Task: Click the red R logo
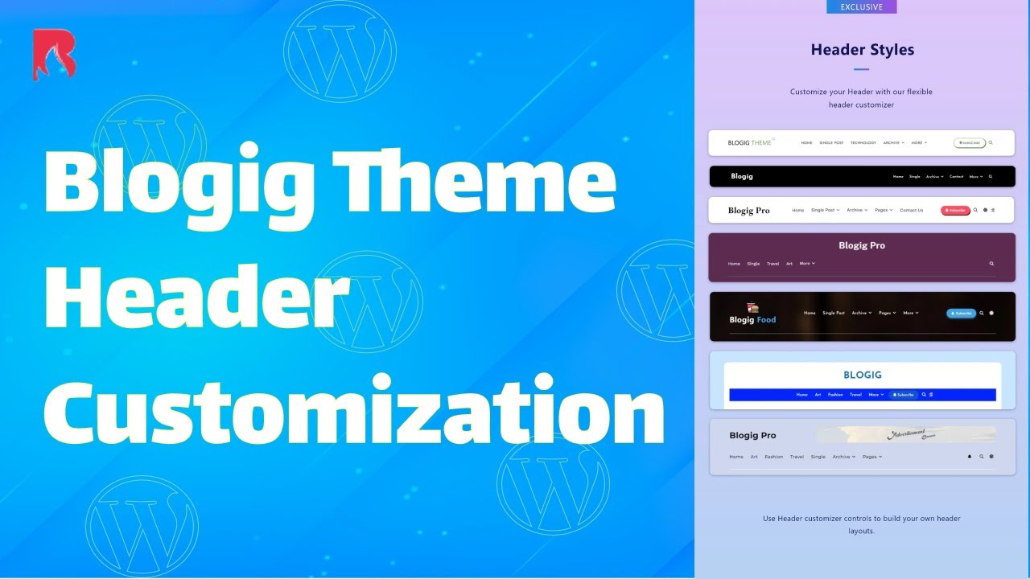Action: tap(54, 54)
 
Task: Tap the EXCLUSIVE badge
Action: tap(861, 7)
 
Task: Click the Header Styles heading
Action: tap(862, 50)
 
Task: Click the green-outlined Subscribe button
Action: tap(970, 143)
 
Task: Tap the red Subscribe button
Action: tap(955, 211)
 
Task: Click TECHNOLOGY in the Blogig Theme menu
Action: tap(863, 143)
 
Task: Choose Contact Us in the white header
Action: tap(911, 211)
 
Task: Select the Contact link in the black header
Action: tap(956, 177)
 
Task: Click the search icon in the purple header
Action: tap(991, 264)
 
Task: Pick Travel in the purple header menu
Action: tap(772, 264)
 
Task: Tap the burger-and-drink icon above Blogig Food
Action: tap(753, 307)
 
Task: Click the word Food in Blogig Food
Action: tap(766, 320)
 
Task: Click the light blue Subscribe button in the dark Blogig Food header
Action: tap(961, 313)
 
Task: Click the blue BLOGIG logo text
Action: tap(862, 375)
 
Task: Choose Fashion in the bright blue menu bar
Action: tap(835, 395)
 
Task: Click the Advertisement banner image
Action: tap(905, 435)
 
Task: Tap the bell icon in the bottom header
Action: tap(970, 457)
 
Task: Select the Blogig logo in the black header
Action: tap(742, 176)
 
